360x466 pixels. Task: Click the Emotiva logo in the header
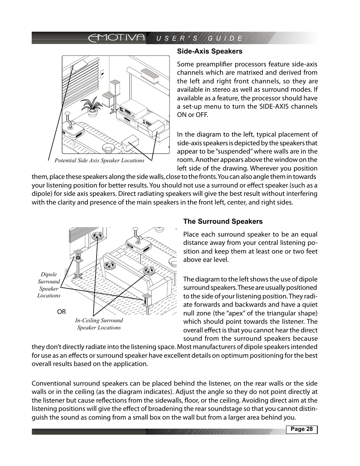(117, 38)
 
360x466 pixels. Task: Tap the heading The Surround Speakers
(223, 221)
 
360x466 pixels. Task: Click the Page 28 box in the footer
(302, 429)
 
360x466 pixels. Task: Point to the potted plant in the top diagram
(92, 105)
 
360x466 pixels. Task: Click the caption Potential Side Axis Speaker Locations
(99, 160)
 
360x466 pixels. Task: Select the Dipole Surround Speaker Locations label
(49, 285)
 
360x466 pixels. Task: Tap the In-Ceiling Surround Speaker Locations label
(99, 324)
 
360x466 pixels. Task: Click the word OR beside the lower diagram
(61, 312)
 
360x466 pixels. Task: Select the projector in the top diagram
(71, 128)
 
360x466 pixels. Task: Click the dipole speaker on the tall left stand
(78, 257)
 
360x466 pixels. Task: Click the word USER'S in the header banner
(173, 38)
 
